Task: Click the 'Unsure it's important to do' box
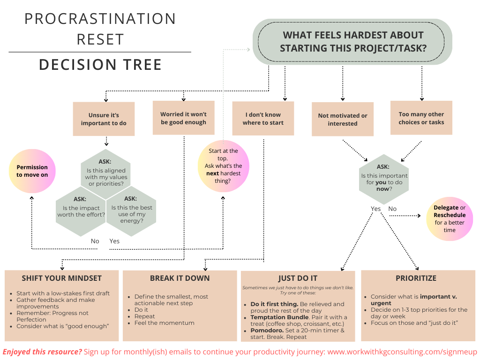point(104,119)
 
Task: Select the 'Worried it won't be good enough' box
point(183,118)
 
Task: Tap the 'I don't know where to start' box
point(263,119)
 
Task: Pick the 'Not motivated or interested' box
point(343,120)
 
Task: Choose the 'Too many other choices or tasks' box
point(421,118)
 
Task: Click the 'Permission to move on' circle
point(32,171)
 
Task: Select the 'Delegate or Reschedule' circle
point(450,219)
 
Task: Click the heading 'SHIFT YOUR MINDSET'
point(61,278)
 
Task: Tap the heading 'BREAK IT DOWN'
point(180,278)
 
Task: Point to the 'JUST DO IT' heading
point(298,278)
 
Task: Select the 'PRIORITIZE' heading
point(416,278)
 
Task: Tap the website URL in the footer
point(402,352)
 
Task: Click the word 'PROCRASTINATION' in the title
point(100,19)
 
